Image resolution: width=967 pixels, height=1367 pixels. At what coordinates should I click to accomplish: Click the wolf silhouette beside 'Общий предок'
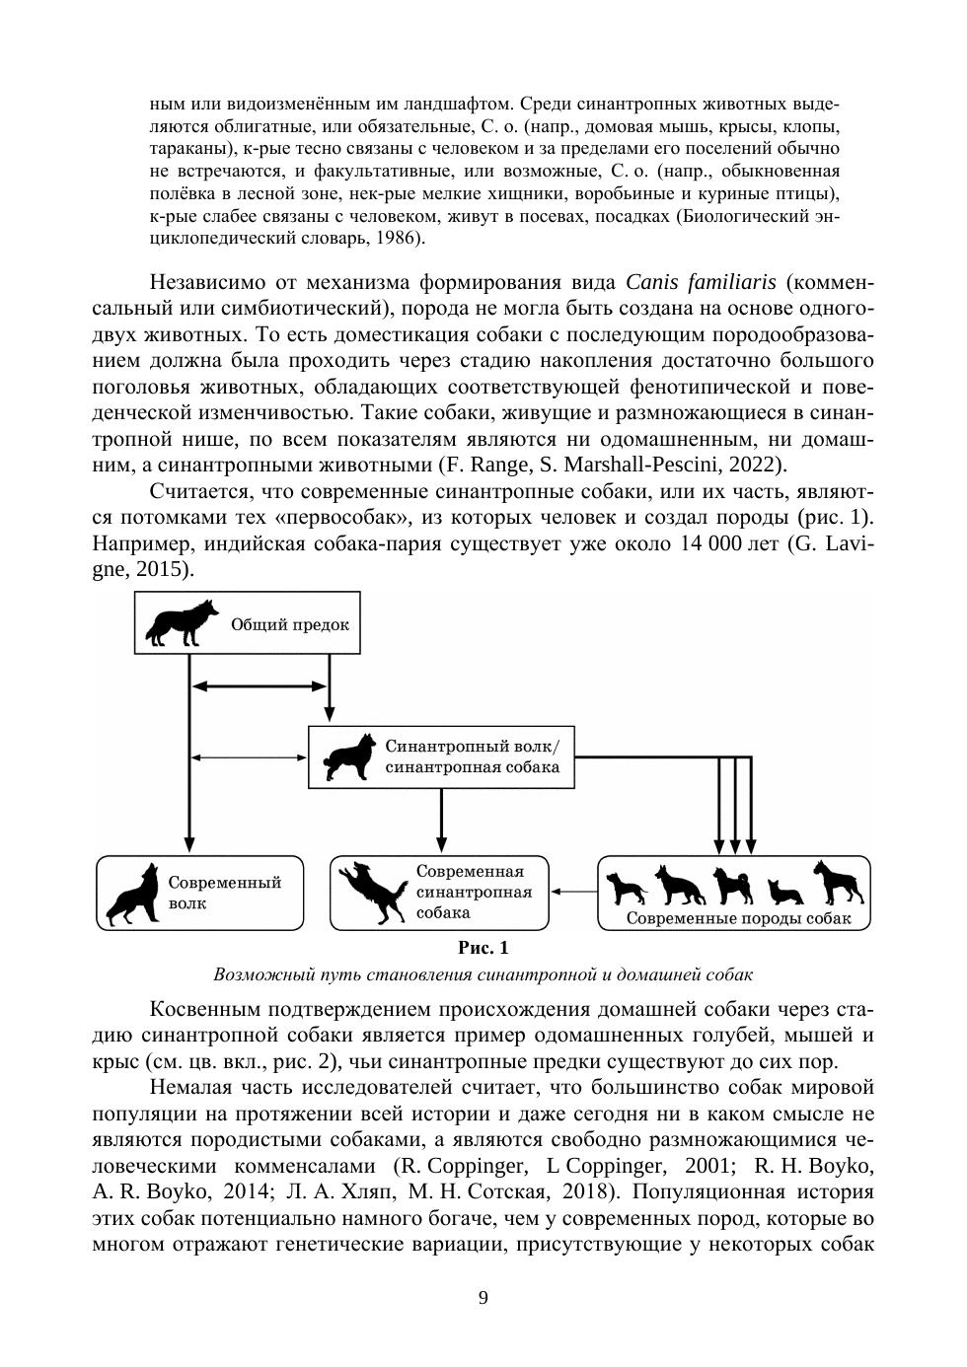[182, 622]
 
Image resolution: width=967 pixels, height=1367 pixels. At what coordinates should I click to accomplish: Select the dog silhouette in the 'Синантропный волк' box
[348, 757]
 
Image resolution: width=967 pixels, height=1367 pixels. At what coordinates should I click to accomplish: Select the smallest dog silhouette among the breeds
[784, 892]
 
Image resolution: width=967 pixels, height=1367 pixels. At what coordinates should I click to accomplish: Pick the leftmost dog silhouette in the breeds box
[627, 887]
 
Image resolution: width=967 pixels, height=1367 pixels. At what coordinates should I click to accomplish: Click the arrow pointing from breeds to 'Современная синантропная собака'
[573, 892]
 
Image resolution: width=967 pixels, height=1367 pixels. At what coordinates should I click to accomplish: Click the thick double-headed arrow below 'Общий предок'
[260, 685]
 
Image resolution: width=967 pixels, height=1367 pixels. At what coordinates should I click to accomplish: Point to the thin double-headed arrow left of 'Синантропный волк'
[248, 757]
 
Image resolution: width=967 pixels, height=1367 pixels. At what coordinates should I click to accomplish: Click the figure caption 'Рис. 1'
[483, 948]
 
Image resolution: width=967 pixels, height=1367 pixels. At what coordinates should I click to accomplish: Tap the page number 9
[483, 1297]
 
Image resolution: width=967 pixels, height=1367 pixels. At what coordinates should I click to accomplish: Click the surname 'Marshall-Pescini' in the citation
[644, 464]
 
